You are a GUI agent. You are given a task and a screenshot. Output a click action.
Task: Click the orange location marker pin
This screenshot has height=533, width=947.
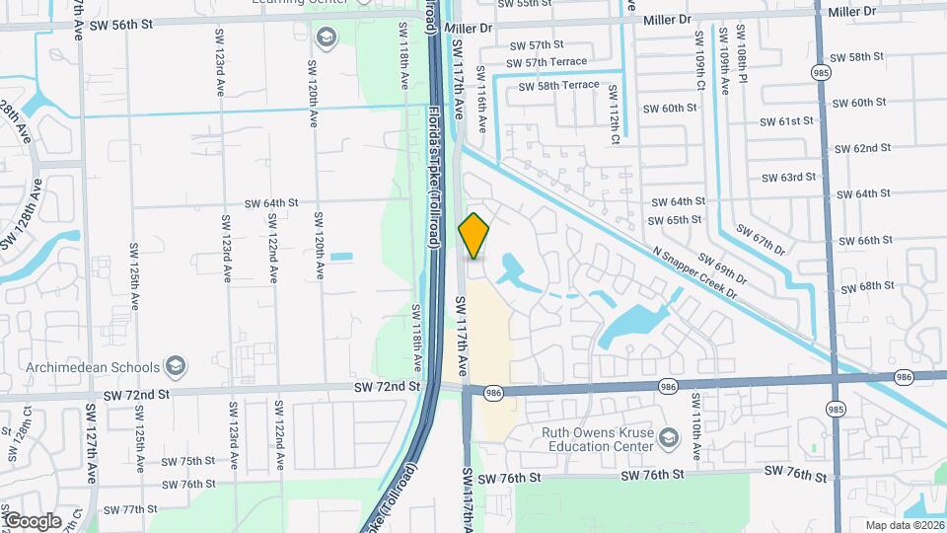473,236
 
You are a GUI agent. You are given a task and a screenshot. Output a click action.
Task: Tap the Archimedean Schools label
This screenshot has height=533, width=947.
83,367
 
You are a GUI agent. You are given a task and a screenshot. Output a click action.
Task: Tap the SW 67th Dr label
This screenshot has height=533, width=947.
773,242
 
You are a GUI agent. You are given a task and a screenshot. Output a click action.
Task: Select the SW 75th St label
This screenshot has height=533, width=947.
187,461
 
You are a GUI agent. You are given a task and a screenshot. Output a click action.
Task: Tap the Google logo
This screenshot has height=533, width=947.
33,520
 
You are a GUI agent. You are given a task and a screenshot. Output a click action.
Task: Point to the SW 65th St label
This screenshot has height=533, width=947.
676,220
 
